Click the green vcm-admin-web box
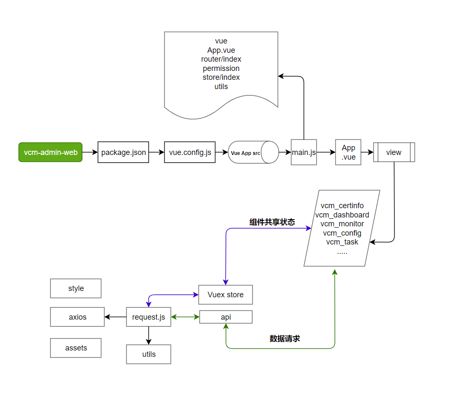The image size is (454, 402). tap(50, 152)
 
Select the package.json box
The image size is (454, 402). tap(123, 152)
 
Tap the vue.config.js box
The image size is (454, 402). tap(190, 152)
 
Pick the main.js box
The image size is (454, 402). tap(304, 152)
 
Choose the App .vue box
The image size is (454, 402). tap(348, 152)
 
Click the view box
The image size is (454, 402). tap(394, 152)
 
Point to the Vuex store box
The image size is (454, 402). tap(226, 295)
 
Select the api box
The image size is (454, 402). tap(226, 317)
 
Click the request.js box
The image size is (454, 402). tap(148, 317)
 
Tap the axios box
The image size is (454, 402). tap(77, 317)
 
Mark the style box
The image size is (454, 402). tap(76, 288)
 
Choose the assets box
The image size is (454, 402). tap(76, 348)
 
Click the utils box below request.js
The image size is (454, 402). tap(148, 354)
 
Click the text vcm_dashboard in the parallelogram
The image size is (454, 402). tap(342, 215)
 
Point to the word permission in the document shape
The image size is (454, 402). tap(221, 68)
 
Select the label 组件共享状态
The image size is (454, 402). tap(272, 223)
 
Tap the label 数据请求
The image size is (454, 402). tap(285, 339)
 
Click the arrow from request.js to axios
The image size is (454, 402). tap(115, 317)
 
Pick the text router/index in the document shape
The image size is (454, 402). tap(221, 59)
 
